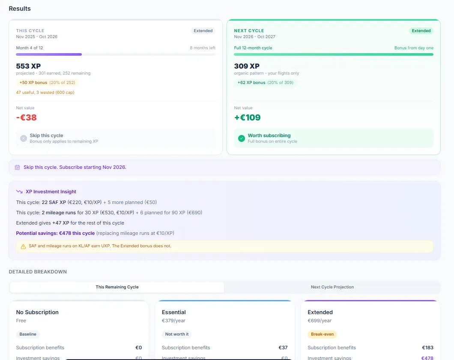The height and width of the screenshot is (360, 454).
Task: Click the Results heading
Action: tap(20, 9)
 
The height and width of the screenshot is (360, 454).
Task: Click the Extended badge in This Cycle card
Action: tap(203, 31)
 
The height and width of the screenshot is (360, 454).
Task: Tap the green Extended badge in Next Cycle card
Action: tap(421, 31)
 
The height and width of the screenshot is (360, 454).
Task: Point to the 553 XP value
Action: tap(29, 66)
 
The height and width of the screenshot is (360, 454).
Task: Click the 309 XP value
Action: tap(247, 66)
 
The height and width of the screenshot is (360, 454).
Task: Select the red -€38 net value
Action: tap(27, 117)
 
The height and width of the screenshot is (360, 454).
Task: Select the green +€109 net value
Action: tap(247, 117)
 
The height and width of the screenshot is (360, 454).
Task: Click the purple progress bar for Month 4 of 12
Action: tap(49, 54)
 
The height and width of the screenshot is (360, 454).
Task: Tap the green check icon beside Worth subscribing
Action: tap(242, 138)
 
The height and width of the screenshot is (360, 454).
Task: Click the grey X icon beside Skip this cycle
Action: tap(24, 138)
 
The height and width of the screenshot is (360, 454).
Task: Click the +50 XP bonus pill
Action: tap(47, 82)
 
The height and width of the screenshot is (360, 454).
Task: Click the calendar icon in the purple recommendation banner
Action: tap(18, 167)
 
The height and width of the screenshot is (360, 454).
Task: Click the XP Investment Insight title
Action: tap(51, 192)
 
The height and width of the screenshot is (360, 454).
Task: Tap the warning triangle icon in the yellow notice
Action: tap(24, 246)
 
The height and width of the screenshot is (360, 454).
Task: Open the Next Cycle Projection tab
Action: tap(332, 287)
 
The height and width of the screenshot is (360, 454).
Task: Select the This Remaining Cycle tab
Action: tap(117, 287)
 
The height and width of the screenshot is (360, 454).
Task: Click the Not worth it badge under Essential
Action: tap(177, 334)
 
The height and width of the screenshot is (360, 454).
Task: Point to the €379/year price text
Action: tap(173, 321)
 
